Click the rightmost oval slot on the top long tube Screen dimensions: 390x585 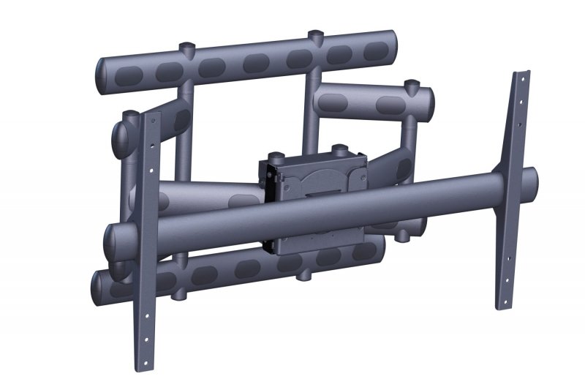pos(378,50)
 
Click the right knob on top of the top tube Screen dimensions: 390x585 pos(315,36)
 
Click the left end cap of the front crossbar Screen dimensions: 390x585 pos(113,238)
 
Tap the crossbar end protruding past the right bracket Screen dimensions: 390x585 pos(532,178)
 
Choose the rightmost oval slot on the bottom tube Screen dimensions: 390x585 pos(362,252)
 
